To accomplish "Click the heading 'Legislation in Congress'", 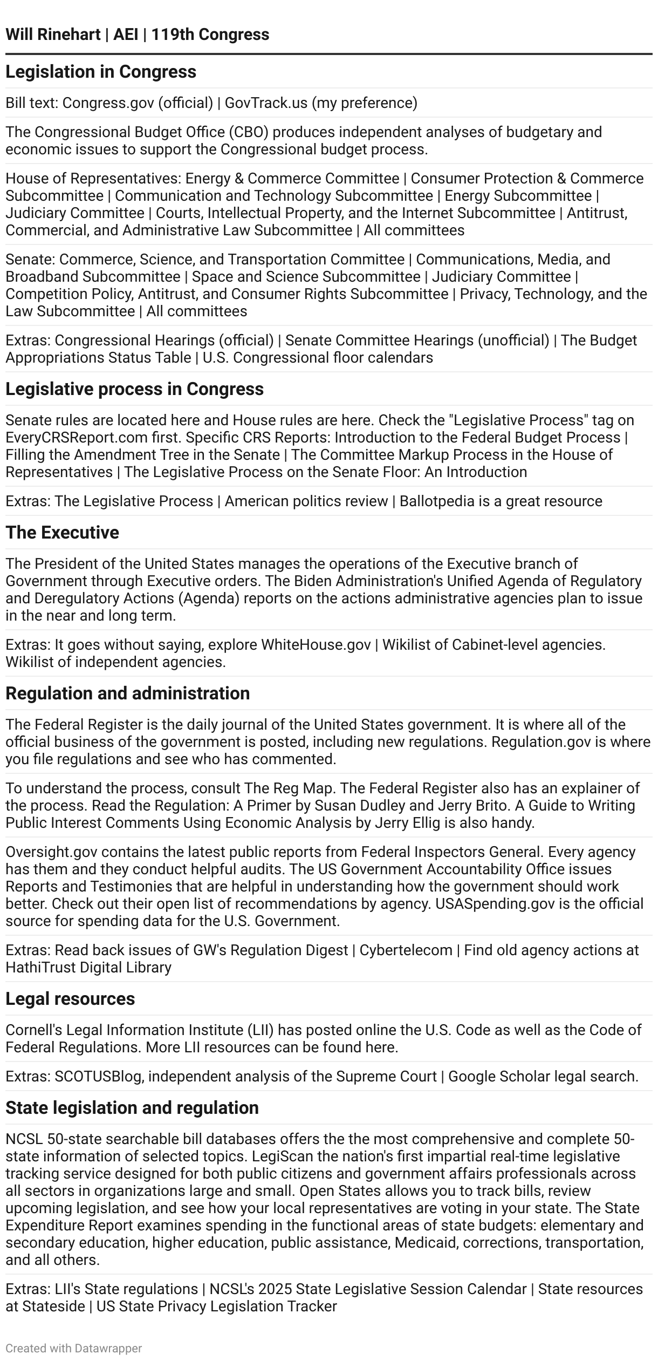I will pyautogui.click(x=101, y=72).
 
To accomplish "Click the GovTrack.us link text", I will pyautogui.click(x=266, y=103).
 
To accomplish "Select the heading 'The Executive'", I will pyautogui.click(x=62, y=533).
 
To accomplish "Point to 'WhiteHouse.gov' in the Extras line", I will pyautogui.click(x=316, y=644).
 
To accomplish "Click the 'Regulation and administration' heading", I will pyautogui.click(x=127, y=693).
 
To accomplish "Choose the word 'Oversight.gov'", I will pyautogui.click(x=51, y=852).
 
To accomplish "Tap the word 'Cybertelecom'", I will pyautogui.click(x=406, y=950).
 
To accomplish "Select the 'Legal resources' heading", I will pyautogui.click(x=70, y=999).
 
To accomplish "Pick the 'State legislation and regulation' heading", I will pyautogui.click(x=132, y=1108).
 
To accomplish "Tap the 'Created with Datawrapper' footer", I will pyautogui.click(x=73, y=1348).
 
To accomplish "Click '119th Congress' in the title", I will pyautogui.click(x=210, y=35).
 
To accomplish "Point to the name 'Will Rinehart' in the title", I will pyautogui.click(x=53, y=35).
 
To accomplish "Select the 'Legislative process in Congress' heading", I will pyautogui.click(x=134, y=389).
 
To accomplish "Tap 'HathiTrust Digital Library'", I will pyautogui.click(x=88, y=967).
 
